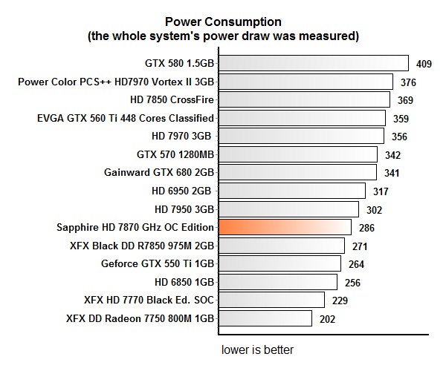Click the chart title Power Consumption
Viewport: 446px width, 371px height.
223,22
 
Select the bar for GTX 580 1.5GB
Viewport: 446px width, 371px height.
313,63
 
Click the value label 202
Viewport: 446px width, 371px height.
328,319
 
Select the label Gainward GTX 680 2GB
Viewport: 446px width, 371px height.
159,172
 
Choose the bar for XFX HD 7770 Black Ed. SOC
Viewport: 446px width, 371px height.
271,300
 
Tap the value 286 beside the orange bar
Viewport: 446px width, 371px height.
366,228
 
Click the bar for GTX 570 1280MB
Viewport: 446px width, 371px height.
297,154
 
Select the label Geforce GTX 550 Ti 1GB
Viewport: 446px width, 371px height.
158,263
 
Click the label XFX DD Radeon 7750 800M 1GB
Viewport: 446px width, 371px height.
140,318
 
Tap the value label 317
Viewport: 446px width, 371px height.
381,191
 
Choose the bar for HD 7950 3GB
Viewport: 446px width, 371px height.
290,209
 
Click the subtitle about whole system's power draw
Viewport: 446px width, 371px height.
223,35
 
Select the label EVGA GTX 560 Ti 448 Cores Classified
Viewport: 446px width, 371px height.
126,118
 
